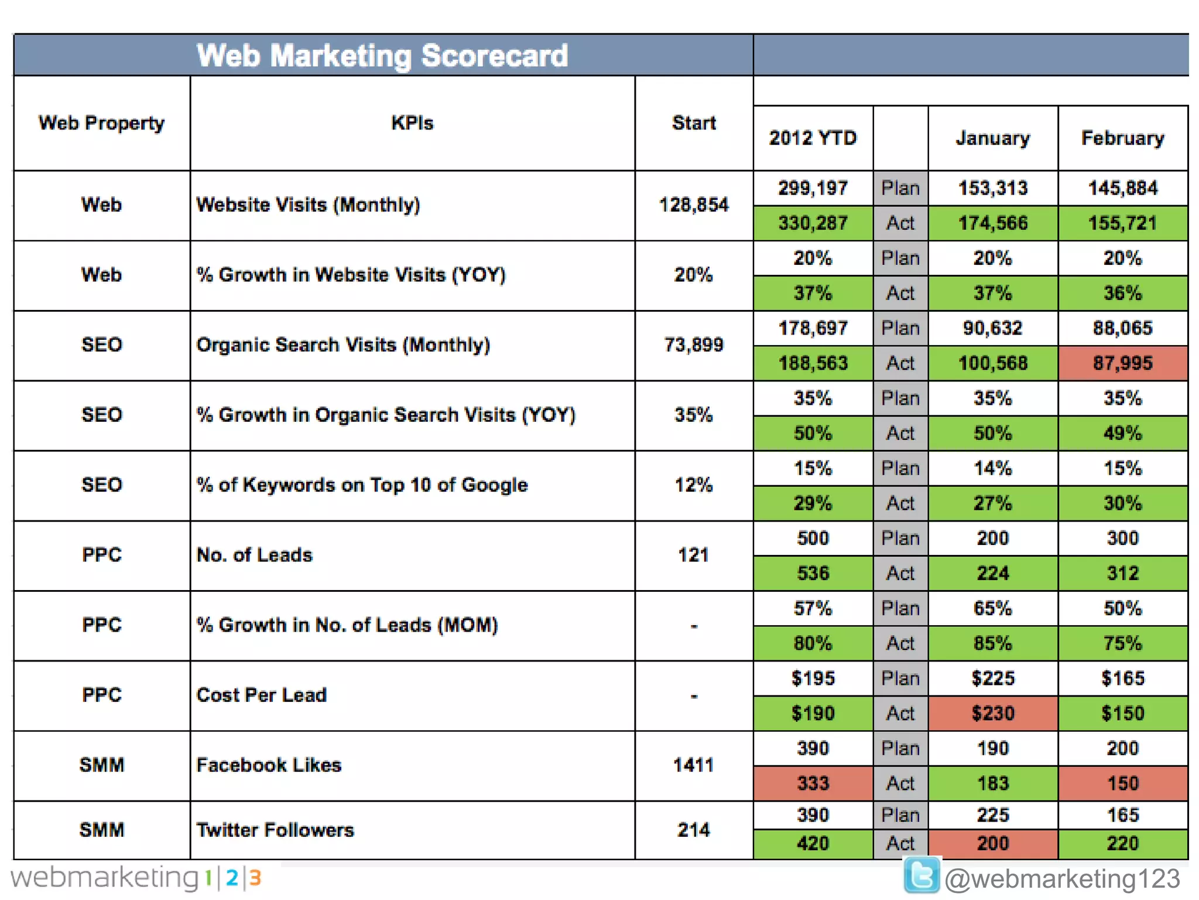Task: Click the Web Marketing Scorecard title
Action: [382, 56]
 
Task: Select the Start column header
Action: [694, 123]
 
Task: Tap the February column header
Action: [1122, 138]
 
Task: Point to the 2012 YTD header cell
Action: [813, 138]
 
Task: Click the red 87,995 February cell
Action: [1122, 363]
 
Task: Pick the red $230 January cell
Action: [993, 713]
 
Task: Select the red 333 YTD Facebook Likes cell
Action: [813, 783]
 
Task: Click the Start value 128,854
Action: [694, 205]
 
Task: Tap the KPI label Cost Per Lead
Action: [262, 696]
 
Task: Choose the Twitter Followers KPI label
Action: [275, 830]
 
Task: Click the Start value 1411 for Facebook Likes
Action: [694, 765]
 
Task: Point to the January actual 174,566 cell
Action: [993, 223]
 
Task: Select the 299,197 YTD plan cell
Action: [813, 188]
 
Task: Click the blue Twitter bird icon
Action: [921, 875]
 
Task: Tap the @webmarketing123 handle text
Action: [1062, 879]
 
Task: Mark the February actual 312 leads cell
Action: [1122, 573]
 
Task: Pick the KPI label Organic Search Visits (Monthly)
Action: [343, 345]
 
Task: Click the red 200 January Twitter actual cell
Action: [993, 844]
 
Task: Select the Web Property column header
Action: [102, 123]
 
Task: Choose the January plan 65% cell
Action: [993, 608]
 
